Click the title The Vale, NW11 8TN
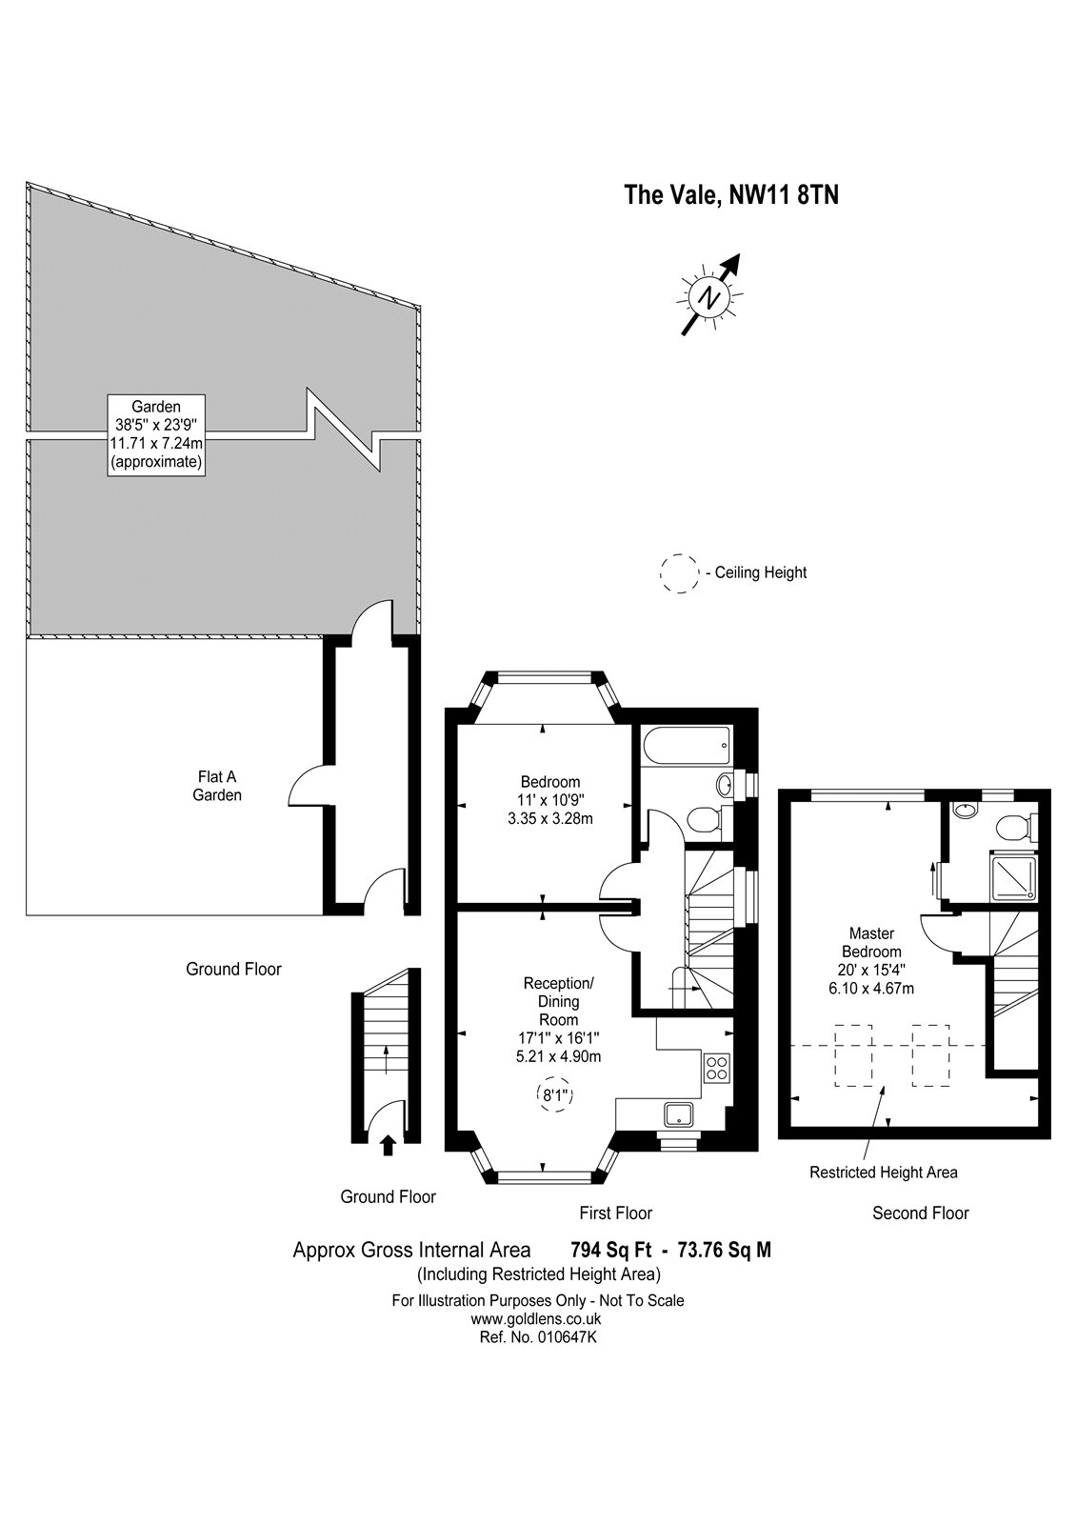click(730, 194)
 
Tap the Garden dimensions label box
click(156, 434)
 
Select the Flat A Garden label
click(217, 786)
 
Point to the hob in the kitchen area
click(716, 1066)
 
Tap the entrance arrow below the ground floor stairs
click(388, 1145)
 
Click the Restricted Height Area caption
click(883, 1173)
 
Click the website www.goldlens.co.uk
click(537, 1318)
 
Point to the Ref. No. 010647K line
click(537, 1336)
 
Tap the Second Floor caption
click(920, 1213)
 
